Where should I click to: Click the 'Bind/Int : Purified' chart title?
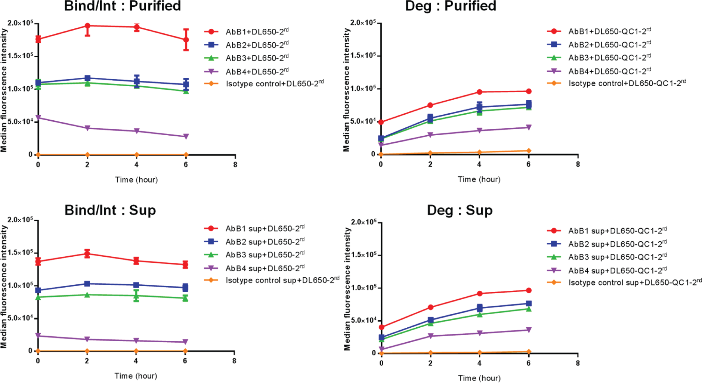tap(122, 6)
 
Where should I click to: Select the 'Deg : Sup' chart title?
tap(460, 210)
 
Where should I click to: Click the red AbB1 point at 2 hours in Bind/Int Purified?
tap(87, 26)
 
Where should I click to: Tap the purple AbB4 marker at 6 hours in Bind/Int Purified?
tap(186, 137)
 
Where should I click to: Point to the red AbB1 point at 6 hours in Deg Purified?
tap(528, 92)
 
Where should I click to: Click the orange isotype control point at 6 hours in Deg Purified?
tap(528, 151)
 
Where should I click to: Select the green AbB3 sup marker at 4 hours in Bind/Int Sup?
tap(136, 296)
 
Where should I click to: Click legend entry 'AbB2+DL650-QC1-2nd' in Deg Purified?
tap(609, 44)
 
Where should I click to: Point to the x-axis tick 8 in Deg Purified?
tap(578, 164)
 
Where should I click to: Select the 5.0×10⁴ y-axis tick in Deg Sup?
tap(364, 320)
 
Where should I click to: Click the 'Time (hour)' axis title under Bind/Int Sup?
tap(136, 376)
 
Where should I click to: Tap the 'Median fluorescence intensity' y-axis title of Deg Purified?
tap(346, 90)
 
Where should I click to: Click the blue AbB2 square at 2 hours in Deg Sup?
tap(430, 320)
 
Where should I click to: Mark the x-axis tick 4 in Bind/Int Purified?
tap(136, 165)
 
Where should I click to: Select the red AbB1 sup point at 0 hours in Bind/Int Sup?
tap(38, 262)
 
